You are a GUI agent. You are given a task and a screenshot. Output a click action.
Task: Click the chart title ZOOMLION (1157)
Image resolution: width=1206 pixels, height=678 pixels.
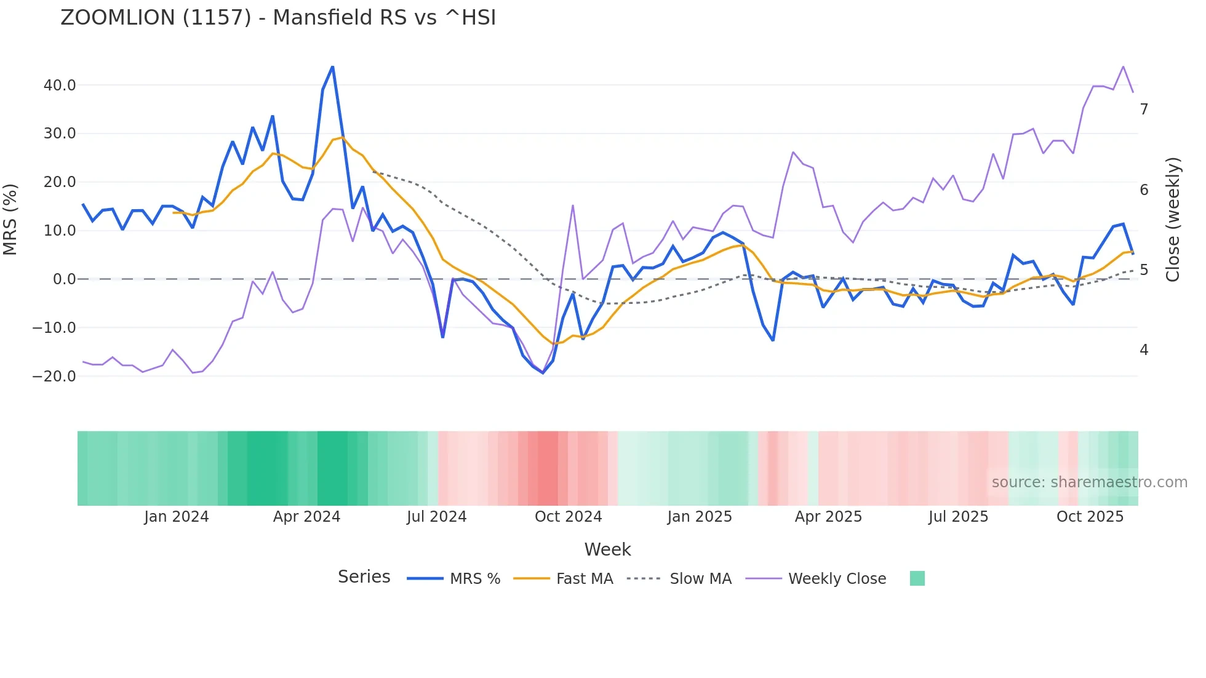click(278, 17)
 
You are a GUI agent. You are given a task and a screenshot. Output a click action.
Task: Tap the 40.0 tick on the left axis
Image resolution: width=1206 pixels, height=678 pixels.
click(60, 86)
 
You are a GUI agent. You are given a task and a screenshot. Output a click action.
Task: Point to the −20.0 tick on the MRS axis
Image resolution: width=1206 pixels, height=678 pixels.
click(54, 377)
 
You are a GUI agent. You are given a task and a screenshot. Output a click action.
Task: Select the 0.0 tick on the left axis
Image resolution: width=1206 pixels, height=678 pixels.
click(65, 279)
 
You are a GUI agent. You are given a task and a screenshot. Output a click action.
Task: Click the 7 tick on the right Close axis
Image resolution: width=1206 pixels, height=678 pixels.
click(1144, 110)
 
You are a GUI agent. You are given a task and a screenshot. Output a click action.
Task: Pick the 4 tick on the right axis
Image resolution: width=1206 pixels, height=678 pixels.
click(1144, 350)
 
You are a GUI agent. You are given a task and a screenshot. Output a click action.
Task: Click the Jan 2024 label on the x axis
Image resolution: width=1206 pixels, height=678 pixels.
click(177, 517)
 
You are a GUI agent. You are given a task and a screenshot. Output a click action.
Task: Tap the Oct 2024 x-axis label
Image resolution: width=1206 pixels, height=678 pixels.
click(568, 517)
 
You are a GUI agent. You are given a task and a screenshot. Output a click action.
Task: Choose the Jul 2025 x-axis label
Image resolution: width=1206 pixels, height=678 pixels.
click(958, 517)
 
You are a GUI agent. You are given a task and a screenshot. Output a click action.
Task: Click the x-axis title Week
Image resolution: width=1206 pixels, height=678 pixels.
click(607, 549)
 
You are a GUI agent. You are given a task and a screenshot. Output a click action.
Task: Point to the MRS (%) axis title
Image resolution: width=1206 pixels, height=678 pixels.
click(10, 220)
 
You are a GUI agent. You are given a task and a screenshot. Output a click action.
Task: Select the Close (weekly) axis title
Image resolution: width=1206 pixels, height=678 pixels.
click(1173, 220)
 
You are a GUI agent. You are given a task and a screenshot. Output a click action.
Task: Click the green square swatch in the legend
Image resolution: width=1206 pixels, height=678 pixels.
click(917, 578)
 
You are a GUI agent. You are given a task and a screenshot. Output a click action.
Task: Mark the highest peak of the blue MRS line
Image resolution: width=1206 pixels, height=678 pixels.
click(333, 66)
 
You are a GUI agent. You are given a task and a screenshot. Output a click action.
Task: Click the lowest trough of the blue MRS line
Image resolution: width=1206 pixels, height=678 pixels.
click(543, 373)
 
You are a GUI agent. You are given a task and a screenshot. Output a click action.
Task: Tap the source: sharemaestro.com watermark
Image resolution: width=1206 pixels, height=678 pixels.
click(1089, 482)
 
